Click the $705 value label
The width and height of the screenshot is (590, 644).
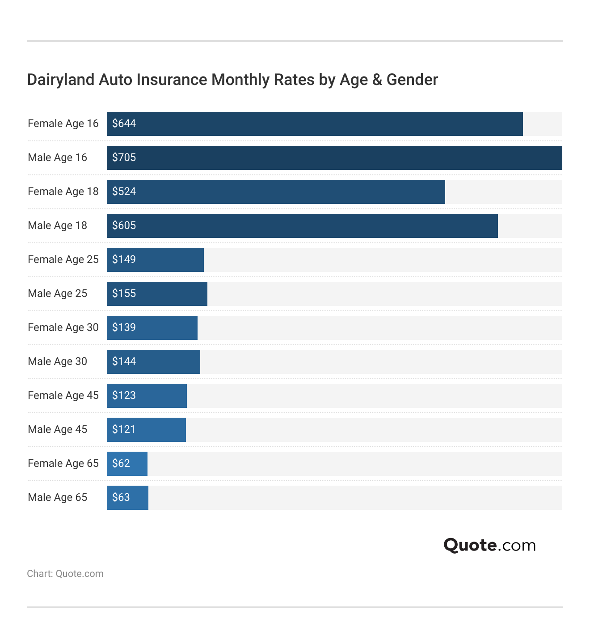pyautogui.click(x=124, y=157)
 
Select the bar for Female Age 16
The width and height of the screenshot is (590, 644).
pyautogui.click(x=315, y=124)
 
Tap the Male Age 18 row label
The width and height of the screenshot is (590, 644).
pyautogui.click(x=57, y=225)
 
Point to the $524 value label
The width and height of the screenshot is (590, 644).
pyautogui.click(x=124, y=191)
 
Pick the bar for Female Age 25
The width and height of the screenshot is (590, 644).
pyautogui.click(x=155, y=260)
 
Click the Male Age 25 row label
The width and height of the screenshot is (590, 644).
pyautogui.click(x=57, y=293)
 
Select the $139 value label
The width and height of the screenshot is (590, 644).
pyautogui.click(x=124, y=327)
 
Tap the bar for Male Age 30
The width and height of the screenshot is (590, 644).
pyautogui.click(x=153, y=362)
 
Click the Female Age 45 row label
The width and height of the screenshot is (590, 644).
pyautogui.click(x=63, y=395)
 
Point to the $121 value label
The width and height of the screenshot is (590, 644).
pyautogui.click(x=123, y=429)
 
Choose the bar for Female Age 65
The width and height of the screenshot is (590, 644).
pyautogui.click(x=127, y=464)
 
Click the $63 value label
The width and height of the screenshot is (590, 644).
pyautogui.click(x=121, y=497)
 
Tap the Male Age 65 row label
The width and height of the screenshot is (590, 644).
pyautogui.click(x=57, y=497)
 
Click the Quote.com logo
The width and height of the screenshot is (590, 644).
pyautogui.click(x=489, y=545)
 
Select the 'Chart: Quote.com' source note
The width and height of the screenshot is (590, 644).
pyautogui.click(x=65, y=574)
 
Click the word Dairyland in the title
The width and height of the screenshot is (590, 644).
pyautogui.click(x=61, y=80)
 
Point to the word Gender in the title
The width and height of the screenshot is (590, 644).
pyautogui.click(x=412, y=80)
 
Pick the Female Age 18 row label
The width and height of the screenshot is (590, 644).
pyautogui.click(x=63, y=191)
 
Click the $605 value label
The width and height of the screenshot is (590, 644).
pyautogui.click(x=124, y=225)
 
